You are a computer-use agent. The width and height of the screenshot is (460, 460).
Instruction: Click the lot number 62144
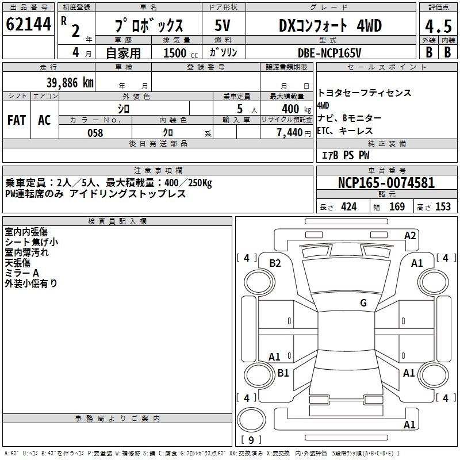pyautogui.click(x=28, y=24)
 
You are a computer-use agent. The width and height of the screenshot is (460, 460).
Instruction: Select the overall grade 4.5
pyautogui.click(x=438, y=26)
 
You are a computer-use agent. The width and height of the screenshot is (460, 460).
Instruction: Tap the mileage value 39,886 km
pyautogui.click(x=70, y=83)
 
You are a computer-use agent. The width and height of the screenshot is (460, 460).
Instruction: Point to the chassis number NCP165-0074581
pyautogui.click(x=386, y=182)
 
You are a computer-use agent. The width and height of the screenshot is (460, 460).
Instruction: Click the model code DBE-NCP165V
pyautogui.click(x=329, y=53)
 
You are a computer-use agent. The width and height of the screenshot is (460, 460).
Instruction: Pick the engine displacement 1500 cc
pyautogui.click(x=181, y=53)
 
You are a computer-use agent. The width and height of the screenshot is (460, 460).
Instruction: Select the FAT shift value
pyautogui.click(x=17, y=120)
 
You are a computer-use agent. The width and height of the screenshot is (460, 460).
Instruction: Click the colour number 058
pyautogui.click(x=95, y=133)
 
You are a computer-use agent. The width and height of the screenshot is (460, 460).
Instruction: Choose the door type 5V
pyautogui.click(x=223, y=25)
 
